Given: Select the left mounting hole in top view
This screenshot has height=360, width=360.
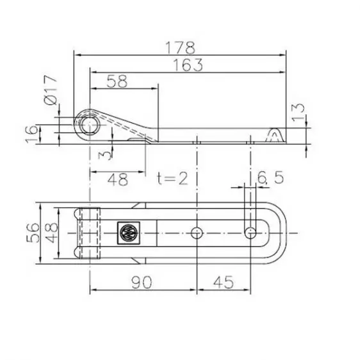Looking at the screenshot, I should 196,232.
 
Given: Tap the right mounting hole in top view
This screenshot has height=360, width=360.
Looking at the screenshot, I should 250,232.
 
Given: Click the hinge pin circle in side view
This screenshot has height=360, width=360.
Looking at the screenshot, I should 88,122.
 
